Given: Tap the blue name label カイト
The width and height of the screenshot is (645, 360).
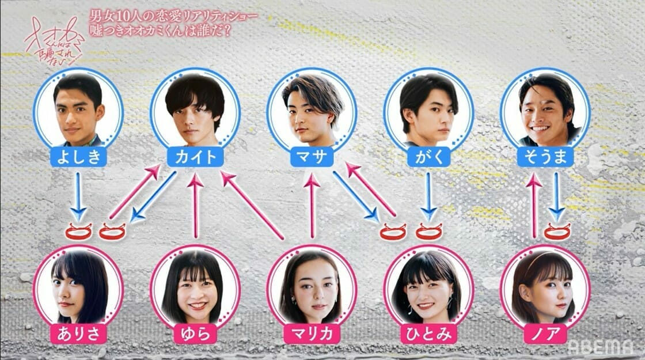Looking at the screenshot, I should point(195,157).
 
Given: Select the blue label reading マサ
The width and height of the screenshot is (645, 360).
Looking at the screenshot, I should point(312,157).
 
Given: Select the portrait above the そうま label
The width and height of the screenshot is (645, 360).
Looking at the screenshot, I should point(545,110).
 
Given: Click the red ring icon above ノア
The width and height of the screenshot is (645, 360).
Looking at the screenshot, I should point(556,232).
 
